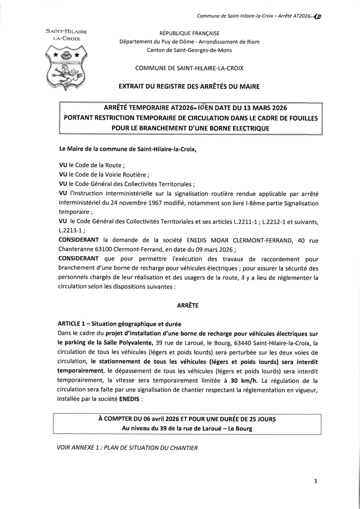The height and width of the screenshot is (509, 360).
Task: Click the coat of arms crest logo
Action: point(67,66)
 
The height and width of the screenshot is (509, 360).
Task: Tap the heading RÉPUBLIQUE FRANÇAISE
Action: point(189,33)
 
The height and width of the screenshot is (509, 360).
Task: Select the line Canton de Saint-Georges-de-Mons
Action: point(189,50)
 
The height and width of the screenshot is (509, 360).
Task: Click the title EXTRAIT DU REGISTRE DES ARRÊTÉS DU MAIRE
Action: point(189,86)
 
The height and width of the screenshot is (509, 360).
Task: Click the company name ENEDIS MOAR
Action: point(208,240)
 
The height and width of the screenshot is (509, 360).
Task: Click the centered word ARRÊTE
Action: point(188,305)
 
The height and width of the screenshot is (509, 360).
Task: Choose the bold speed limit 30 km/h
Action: point(245,380)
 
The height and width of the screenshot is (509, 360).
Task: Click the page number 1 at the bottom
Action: point(316,481)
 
